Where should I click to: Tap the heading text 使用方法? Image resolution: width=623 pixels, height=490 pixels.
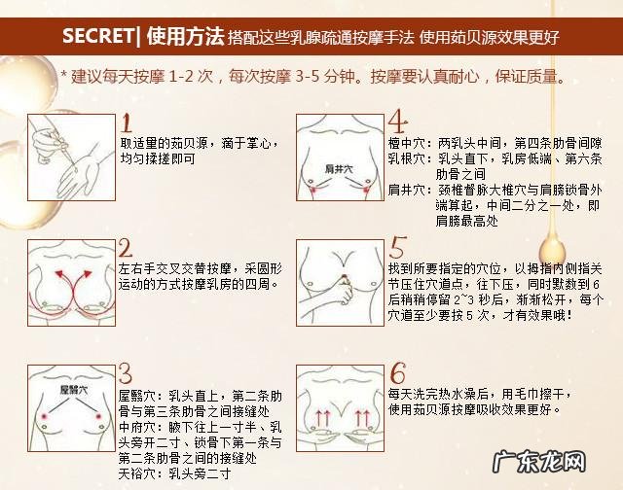coord(183,38)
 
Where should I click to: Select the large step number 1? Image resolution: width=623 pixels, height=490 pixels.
coord(127,123)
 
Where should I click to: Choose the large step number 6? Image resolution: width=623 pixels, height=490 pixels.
coord(397,374)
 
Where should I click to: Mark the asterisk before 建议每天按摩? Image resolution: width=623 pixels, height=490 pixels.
coord(64,76)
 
